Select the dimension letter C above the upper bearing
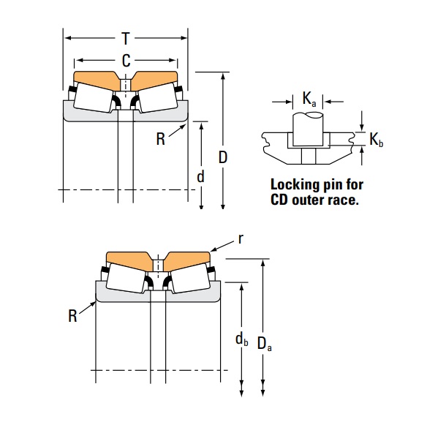click(x=126, y=61)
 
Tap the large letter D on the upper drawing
click(x=223, y=157)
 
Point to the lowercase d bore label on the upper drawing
click(x=200, y=176)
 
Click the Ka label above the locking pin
click(x=309, y=99)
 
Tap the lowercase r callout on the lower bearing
click(x=239, y=239)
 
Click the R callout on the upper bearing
click(x=160, y=139)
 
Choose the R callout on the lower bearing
click(x=72, y=315)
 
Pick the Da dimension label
click(x=265, y=344)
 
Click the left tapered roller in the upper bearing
click(x=94, y=96)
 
